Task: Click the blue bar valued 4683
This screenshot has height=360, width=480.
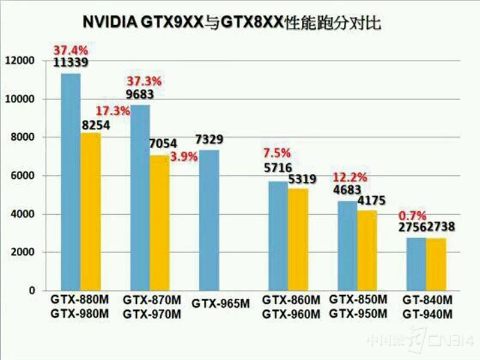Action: (347, 245)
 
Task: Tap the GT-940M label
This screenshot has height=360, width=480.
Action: (428, 314)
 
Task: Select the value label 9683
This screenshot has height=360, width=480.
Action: (140, 94)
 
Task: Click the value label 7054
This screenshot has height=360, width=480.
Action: (163, 144)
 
